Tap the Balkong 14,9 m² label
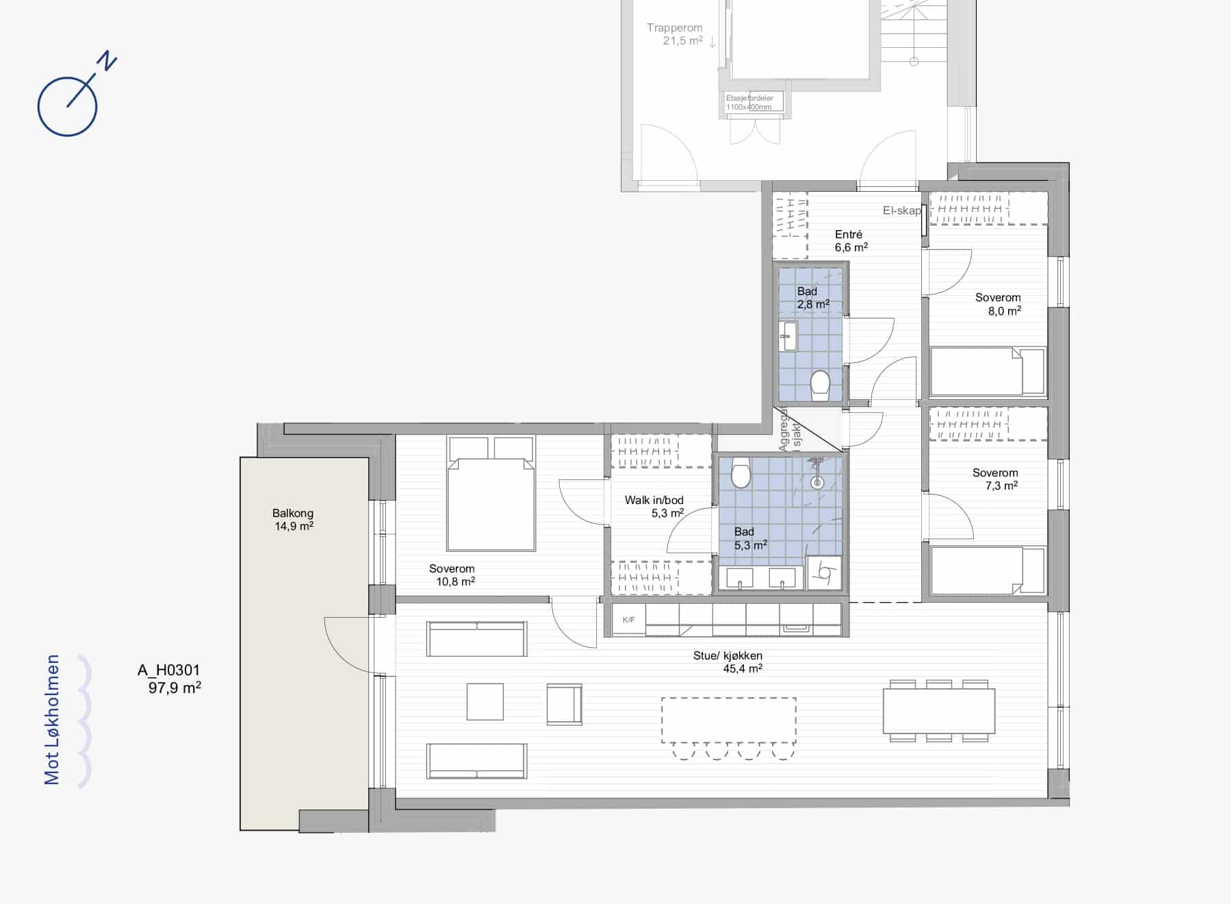coord(294,520)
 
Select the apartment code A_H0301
coord(169,670)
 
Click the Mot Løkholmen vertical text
coord(53,720)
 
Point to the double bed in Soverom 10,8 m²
coord(491,494)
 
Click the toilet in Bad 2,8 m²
coord(820,386)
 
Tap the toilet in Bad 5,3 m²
coord(741,473)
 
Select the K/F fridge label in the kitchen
coord(628,620)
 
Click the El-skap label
coord(901,211)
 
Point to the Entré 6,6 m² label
coord(851,241)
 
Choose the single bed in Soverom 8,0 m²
coord(988,371)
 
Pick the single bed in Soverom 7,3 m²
coord(988,570)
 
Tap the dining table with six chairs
coord(939,711)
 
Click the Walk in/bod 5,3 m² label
coord(654,507)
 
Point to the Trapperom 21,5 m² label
coord(675,34)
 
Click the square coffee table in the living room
coord(485,702)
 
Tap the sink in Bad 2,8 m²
coord(789,336)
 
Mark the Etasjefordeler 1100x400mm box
coord(754,103)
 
